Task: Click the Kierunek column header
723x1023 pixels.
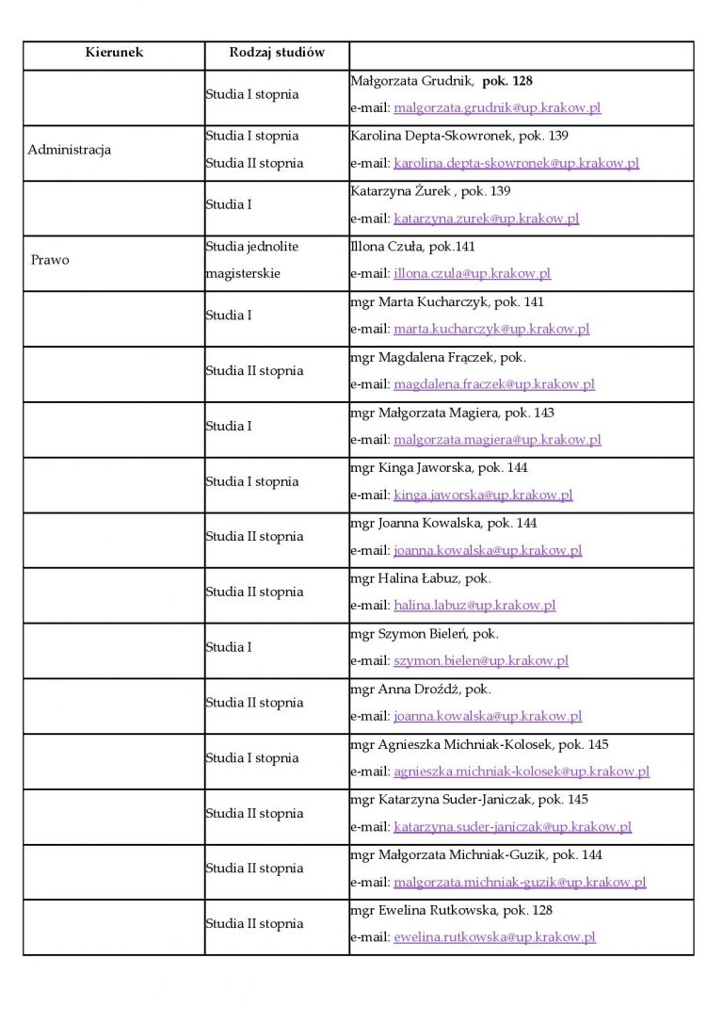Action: pyautogui.click(x=114, y=53)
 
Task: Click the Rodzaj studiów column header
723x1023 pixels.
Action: pyautogui.click(x=277, y=53)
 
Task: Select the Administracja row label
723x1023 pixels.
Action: pyautogui.click(x=70, y=150)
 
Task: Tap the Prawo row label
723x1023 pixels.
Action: pyautogui.click(x=50, y=260)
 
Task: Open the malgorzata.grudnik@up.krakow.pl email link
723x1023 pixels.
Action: pyautogui.click(x=497, y=108)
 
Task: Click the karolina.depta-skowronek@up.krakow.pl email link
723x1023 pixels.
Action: pyautogui.click(x=516, y=163)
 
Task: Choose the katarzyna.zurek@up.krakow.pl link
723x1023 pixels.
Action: pyautogui.click(x=486, y=219)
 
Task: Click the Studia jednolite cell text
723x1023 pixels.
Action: pyautogui.click(x=252, y=247)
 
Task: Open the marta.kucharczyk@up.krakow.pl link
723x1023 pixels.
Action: pyautogui.click(x=491, y=329)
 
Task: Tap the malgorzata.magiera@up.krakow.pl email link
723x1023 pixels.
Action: pyautogui.click(x=497, y=440)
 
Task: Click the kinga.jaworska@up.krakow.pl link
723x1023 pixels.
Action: pyautogui.click(x=483, y=495)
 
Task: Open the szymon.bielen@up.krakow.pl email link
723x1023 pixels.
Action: pyautogui.click(x=481, y=661)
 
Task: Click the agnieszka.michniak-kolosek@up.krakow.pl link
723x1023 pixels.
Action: pyautogui.click(x=522, y=771)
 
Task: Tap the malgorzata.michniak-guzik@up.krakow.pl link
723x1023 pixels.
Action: pyautogui.click(x=520, y=883)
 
